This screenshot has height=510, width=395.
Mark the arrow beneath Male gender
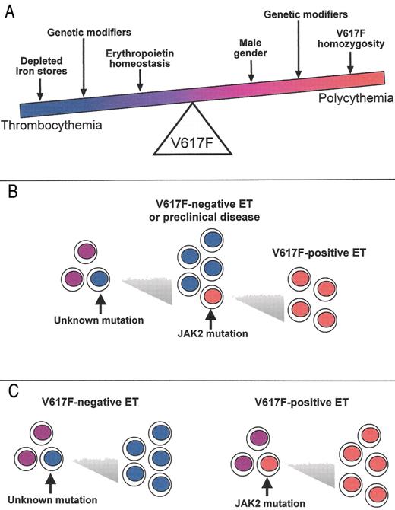(x=251, y=72)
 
